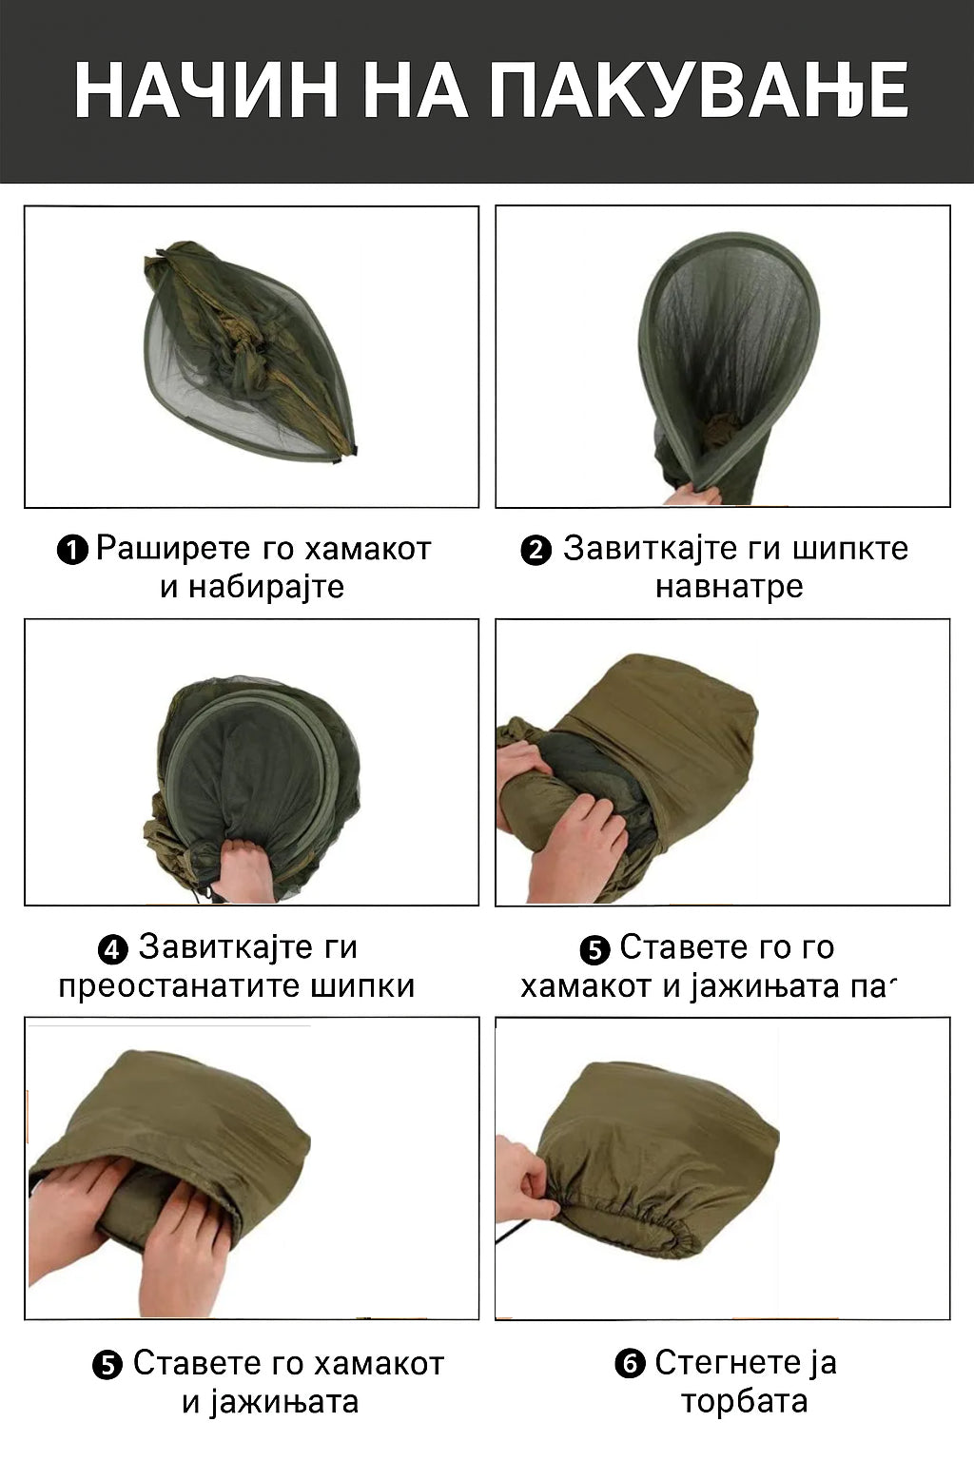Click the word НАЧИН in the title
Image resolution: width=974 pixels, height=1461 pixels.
coord(206,91)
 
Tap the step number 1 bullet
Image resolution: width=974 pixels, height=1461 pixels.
coord(72,550)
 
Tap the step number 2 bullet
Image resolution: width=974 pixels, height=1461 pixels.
coord(536,550)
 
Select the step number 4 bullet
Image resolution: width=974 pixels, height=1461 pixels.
coord(113,949)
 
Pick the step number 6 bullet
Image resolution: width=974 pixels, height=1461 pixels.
coord(630,1365)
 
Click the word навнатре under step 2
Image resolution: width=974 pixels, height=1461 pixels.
coord(730,587)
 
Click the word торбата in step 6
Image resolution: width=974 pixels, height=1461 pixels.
coord(744,1401)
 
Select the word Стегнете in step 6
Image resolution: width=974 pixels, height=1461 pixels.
coord(719,1363)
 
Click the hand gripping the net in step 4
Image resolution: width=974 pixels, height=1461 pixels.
coord(243,869)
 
